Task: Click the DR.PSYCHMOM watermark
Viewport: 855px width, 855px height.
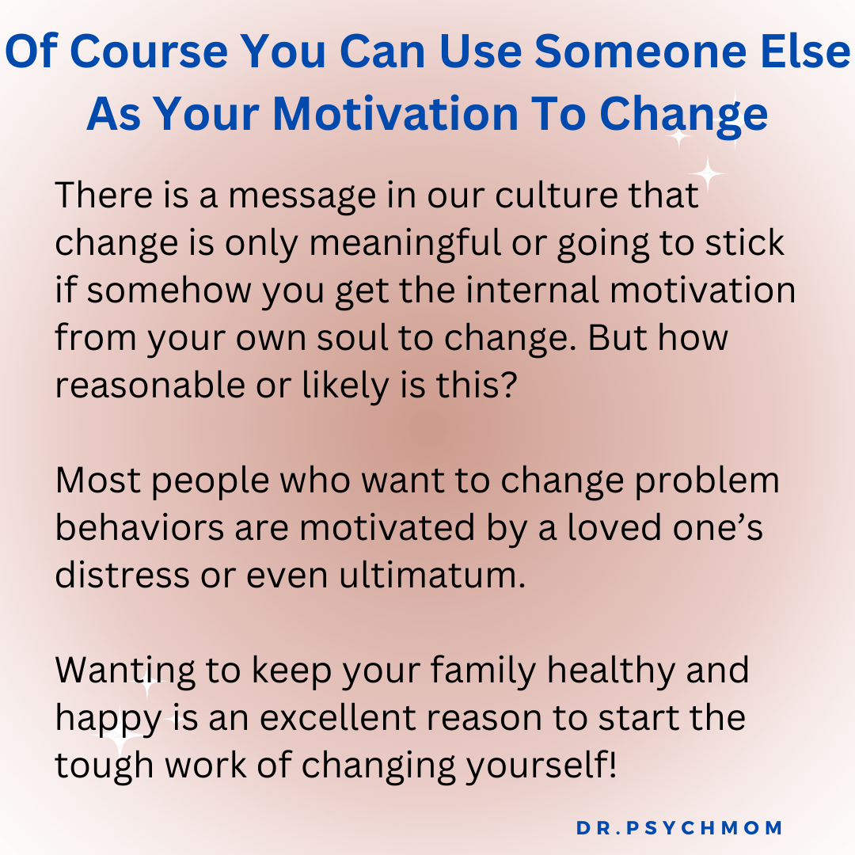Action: [679, 828]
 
